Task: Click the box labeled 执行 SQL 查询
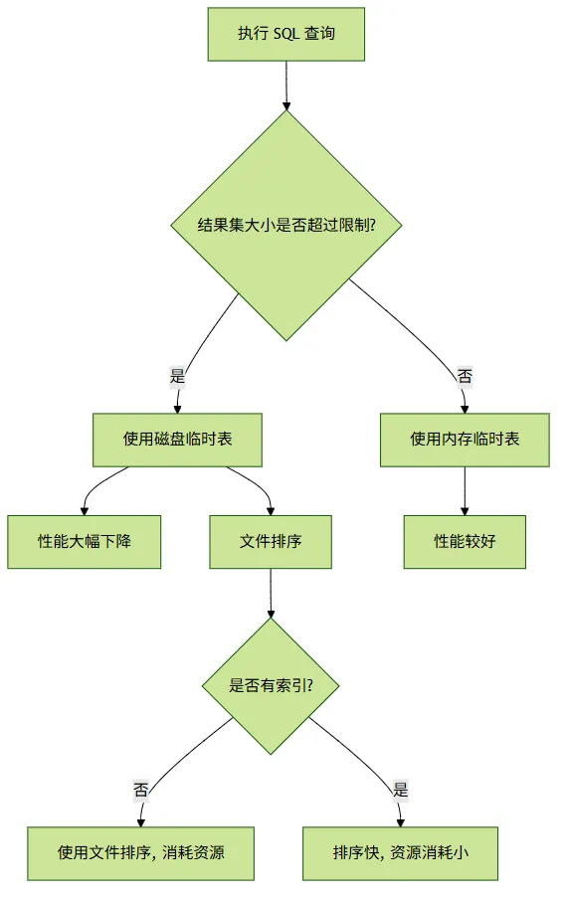point(285,34)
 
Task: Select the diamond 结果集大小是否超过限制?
point(286,225)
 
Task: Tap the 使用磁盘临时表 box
point(178,440)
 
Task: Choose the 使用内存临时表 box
point(465,440)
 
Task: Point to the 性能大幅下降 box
point(84,542)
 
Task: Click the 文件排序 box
point(271,542)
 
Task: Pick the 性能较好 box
point(465,542)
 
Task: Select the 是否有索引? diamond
point(271,685)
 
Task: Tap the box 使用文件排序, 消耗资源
point(141,853)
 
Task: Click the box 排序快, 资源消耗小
point(400,853)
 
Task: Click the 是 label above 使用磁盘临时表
point(178,376)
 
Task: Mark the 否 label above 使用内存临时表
point(465,376)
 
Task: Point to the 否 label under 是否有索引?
point(141,790)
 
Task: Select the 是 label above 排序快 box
point(400,790)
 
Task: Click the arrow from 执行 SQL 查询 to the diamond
point(286,86)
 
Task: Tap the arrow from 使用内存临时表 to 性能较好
point(465,490)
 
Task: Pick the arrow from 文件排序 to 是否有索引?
point(271,593)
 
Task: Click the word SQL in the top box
point(286,34)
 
